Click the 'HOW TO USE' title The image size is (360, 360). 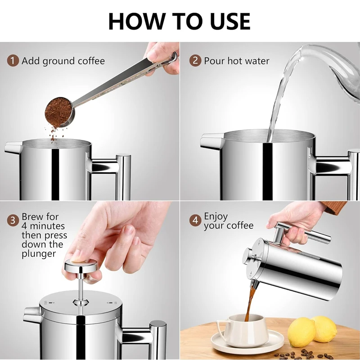coord(179,21)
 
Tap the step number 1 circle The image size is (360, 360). coord(13,61)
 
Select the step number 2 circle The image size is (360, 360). coord(195,61)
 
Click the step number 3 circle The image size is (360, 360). coord(13,220)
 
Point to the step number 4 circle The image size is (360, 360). coord(195,220)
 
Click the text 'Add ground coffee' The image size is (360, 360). coord(63,61)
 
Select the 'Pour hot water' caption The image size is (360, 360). coord(237,61)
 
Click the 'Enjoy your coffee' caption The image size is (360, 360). coord(229,221)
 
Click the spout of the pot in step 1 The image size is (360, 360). coord(13,147)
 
